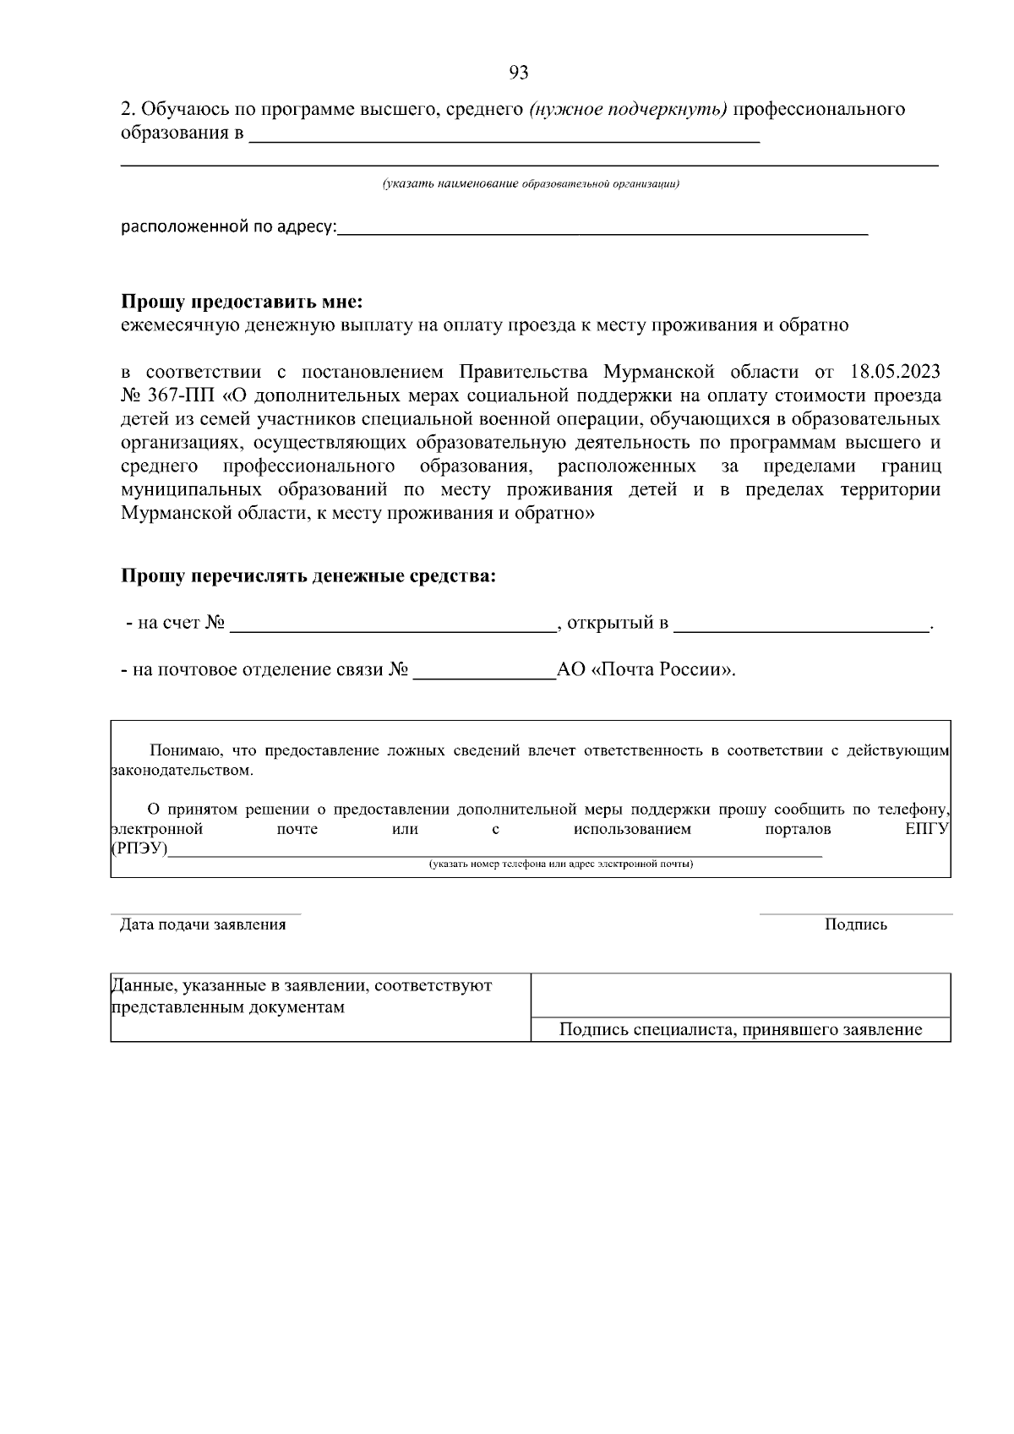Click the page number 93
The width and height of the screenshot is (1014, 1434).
click(x=519, y=74)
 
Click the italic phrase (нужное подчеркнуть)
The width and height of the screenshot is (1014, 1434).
click(x=628, y=110)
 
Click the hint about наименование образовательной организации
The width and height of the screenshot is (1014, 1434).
click(x=531, y=183)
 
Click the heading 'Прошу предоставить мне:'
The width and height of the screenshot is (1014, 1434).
click(x=241, y=302)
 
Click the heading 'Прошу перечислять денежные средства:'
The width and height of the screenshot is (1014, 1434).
click(x=308, y=576)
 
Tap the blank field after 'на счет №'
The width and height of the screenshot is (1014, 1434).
click(x=390, y=625)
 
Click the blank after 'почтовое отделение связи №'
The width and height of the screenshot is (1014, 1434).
click(x=483, y=672)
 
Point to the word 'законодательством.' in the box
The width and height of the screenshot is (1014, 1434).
click(x=182, y=771)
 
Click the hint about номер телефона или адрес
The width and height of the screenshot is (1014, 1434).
click(x=560, y=864)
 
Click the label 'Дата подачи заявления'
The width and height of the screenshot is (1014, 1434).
click(x=203, y=924)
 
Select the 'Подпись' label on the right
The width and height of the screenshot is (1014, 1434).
click(x=855, y=924)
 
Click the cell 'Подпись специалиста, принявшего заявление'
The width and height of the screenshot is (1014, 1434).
click(x=740, y=1029)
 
